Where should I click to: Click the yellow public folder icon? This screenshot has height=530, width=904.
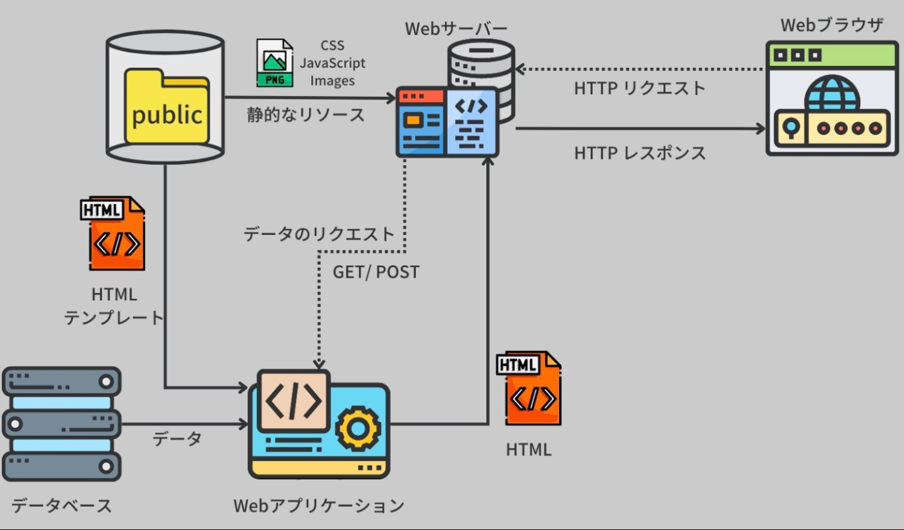click(167, 107)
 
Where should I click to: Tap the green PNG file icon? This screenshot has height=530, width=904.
click(274, 63)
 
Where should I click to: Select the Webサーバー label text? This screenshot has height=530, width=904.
click(456, 29)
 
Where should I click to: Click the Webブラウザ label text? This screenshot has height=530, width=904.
click(832, 25)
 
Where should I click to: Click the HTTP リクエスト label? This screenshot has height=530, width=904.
click(640, 88)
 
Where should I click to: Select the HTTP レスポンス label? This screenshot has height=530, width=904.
click(640, 153)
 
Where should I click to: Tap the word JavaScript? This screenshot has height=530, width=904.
click(333, 63)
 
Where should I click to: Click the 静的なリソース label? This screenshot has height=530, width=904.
click(306, 116)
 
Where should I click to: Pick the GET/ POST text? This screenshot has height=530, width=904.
click(376, 272)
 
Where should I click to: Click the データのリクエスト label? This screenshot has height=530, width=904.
click(319, 234)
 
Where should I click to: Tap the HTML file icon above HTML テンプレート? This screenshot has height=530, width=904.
click(114, 234)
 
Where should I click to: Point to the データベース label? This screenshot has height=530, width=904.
click(62, 505)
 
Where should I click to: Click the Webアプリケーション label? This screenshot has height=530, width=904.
click(319, 505)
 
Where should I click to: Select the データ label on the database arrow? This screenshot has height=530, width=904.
click(177, 439)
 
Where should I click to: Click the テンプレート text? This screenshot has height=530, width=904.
click(114, 318)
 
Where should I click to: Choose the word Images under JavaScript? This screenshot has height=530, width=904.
click(333, 81)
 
